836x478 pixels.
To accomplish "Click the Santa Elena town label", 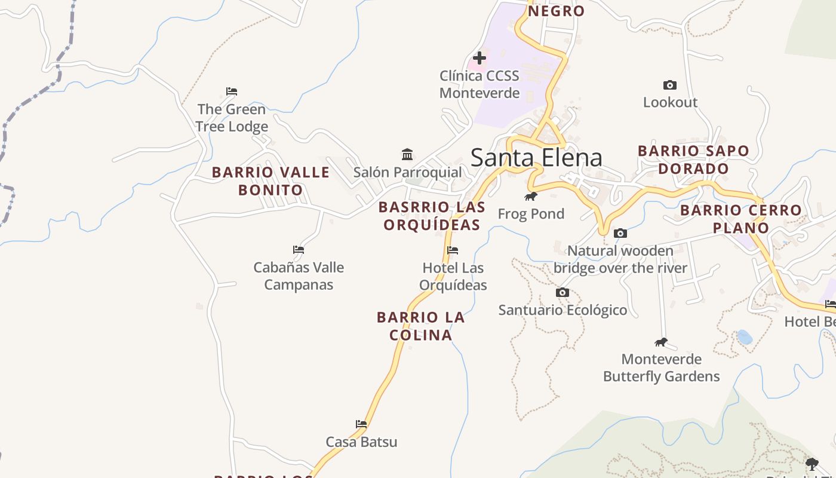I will click(536, 157).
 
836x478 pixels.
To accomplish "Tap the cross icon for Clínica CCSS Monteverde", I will click(479, 58).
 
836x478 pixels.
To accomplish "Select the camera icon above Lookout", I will click(670, 85).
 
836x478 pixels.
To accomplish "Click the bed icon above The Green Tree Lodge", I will click(232, 91).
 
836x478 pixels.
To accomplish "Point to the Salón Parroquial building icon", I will click(407, 155).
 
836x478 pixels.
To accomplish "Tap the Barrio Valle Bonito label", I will click(271, 181).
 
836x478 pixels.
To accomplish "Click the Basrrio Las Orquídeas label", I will click(432, 216).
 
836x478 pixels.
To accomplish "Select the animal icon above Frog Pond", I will click(530, 197).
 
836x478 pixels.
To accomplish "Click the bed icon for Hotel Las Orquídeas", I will click(453, 250).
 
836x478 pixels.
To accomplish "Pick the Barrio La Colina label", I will click(420, 326).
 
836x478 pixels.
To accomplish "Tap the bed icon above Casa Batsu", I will click(361, 424).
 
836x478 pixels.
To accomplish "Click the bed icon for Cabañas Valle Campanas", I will click(299, 250).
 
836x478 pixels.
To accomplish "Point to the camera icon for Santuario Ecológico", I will click(563, 293).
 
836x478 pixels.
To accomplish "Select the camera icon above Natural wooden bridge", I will click(620, 234).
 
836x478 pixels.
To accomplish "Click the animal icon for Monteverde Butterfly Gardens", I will click(660, 342).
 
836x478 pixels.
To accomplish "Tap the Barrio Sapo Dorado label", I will click(693, 160).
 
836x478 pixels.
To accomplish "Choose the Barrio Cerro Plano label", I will click(740, 219).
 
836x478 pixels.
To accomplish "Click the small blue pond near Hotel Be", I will click(744, 337).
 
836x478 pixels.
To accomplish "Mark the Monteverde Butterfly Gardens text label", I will click(661, 367).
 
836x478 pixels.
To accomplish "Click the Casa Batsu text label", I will click(361, 442).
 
